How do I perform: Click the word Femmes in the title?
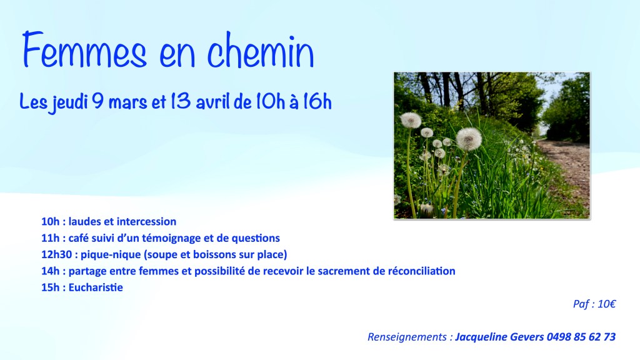coord(84,50)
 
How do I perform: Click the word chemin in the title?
coord(261,50)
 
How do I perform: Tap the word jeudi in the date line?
coord(70,102)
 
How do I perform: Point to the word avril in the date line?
coord(213,102)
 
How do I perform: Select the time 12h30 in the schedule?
coord(56,255)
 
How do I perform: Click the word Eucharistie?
coord(96,287)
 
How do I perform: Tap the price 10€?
coord(606,304)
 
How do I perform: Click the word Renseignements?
coord(407,337)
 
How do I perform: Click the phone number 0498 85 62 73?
coord(581,337)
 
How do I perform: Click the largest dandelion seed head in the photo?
coord(469,139)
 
